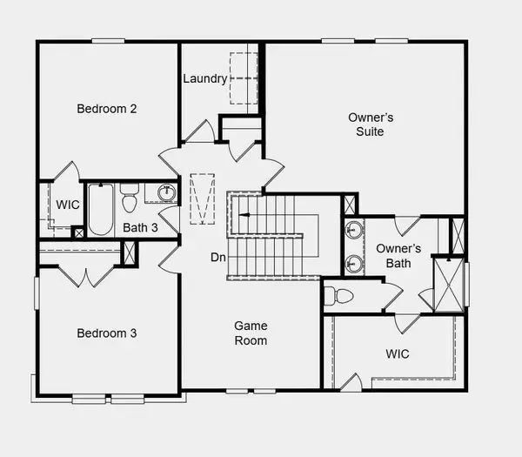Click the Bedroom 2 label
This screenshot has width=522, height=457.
[x=108, y=109]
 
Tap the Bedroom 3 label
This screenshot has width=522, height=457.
[x=107, y=333]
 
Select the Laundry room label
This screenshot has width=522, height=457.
[x=205, y=78]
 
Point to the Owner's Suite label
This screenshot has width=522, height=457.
[x=366, y=124]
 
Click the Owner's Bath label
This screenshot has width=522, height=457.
[x=398, y=255]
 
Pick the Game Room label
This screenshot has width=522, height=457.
[x=250, y=333]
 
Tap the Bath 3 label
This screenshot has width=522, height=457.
[x=141, y=228]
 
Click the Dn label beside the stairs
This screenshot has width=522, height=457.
[x=218, y=258]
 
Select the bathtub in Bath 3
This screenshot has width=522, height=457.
[x=99, y=210]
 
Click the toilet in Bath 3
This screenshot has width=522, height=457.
[x=130, y=199]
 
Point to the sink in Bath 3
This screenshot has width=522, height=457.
[x=164, y=192]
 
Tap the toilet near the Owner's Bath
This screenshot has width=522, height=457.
[x=340, y=296]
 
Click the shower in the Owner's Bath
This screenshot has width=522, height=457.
[x=449, y=285]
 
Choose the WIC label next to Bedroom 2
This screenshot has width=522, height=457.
[x=69, y=205]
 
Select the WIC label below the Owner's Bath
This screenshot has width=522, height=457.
[x=398, y=354]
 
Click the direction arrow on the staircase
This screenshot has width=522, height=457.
[x=244, y=212]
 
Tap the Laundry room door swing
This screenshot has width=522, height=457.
[x=200, y=132]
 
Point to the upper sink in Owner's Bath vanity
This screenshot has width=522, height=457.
[x=354, y=231]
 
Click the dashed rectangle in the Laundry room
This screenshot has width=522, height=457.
[x=239, y=66]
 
